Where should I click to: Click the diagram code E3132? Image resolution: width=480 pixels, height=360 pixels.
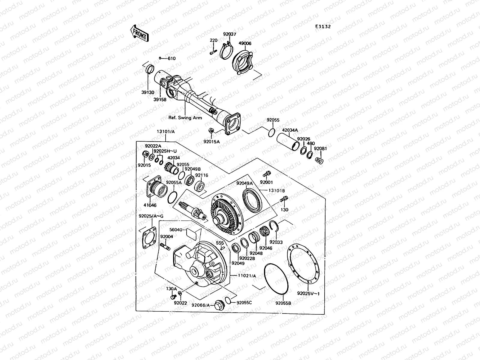click(322, 26)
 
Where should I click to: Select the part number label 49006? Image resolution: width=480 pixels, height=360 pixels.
click(245, 43)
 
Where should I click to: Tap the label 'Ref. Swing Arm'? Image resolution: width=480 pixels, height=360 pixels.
click(185, 118)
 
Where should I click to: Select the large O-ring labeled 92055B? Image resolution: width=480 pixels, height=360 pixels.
click(276, 279)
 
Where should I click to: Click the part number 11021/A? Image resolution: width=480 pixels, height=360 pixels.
click(247, 276)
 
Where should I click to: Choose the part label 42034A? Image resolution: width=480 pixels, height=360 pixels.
click(289, 130)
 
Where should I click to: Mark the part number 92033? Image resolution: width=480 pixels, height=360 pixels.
click(276, 242)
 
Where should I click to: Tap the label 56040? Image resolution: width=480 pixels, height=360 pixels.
click(176, 229)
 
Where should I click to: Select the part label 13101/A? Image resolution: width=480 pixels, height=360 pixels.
click(165, 131)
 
